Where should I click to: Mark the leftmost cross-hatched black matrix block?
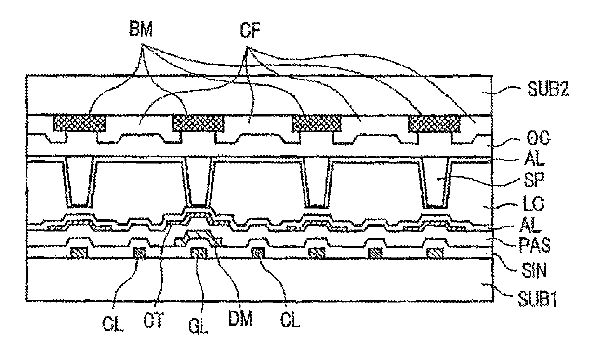79,123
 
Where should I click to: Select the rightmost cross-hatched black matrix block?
434,123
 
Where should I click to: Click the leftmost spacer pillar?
80,182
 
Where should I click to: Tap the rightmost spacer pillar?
436,182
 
